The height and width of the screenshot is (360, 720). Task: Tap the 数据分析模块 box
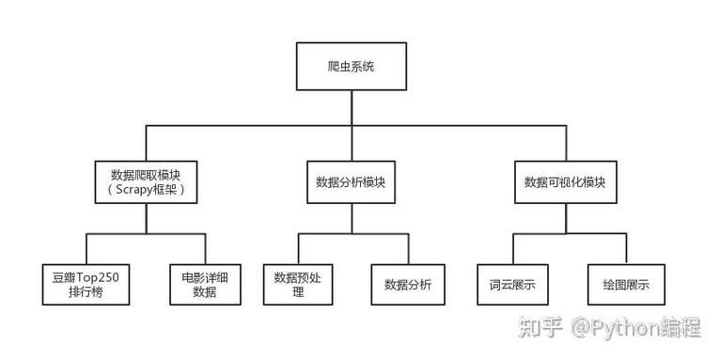coord(352,182)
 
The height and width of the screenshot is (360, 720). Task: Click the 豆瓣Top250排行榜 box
coord(86,284)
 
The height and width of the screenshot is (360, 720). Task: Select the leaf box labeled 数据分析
coord(407,284)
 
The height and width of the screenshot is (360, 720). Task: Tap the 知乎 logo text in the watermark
coord(540,328)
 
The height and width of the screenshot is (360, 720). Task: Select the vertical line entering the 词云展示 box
coord(512,248)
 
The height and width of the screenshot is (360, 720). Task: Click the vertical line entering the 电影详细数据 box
coord(203,248)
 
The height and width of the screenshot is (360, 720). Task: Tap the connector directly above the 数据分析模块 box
coord(352,142)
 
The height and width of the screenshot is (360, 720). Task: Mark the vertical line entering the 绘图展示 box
coord(624,248)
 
